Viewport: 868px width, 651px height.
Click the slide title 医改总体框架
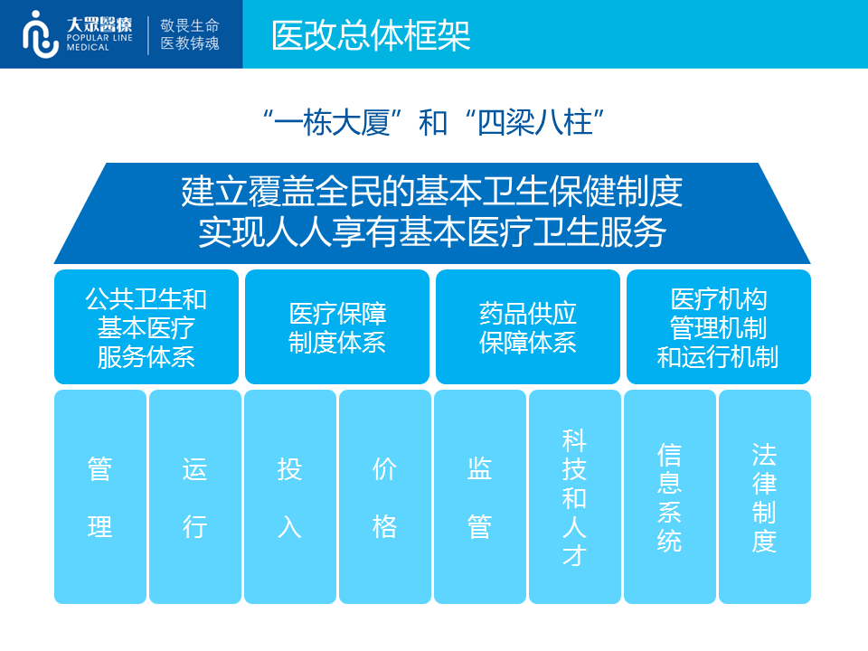371,36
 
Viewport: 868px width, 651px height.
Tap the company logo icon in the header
40,34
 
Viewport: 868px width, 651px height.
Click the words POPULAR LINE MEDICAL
99,42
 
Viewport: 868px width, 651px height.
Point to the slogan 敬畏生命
190,25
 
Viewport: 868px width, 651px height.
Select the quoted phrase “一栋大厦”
332,122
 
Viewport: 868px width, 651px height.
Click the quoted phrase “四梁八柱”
534,122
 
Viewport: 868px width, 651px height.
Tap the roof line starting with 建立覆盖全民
432,191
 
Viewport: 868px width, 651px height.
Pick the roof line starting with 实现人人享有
432,231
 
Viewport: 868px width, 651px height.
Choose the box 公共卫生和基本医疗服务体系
146,327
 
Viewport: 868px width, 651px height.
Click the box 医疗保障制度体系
337,327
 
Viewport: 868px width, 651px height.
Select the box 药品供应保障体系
527,327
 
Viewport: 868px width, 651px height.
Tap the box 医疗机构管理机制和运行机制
719,327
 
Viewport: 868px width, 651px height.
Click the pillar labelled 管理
100,496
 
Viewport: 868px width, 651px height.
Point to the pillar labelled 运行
195,496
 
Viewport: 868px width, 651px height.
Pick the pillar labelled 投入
290,496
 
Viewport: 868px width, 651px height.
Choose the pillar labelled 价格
385,496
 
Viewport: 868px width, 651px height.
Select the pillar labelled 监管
480,496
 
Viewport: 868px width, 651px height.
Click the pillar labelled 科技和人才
575,496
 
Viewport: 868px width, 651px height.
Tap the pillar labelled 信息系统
670,496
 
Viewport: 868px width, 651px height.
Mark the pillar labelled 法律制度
765,496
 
